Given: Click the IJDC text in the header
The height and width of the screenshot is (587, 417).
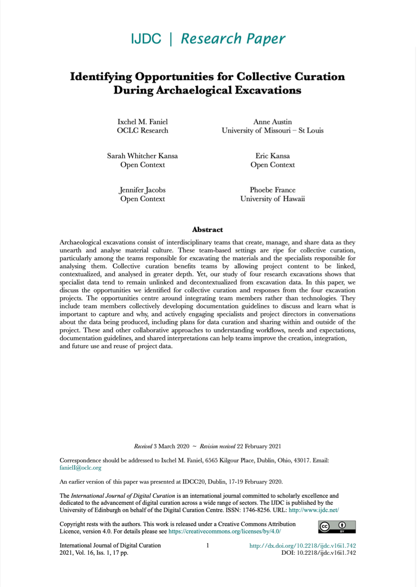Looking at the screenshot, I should (146, 39).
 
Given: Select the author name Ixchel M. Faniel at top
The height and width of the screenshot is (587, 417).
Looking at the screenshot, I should (142, 122).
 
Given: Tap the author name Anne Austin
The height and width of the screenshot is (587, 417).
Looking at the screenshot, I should (272, 122).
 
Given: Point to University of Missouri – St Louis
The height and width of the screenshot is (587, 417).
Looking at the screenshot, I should (272, 131).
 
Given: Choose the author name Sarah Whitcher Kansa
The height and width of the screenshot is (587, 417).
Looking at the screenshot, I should (142, 156).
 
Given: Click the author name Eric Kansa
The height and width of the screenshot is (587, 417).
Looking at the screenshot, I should (272, 156).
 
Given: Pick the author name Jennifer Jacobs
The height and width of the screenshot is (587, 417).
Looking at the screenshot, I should (142, 190).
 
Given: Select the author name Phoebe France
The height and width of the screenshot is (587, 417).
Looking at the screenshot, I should (272, 190).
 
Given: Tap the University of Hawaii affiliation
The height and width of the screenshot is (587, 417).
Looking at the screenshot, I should (272, 199).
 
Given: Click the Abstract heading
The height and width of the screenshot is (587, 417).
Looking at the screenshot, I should (207, 230).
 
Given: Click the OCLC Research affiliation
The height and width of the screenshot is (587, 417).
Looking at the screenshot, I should (142, 131).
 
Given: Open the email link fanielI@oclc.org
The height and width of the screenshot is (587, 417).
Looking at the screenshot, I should (80, 468).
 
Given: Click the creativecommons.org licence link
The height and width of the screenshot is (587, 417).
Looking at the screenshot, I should (225, 531).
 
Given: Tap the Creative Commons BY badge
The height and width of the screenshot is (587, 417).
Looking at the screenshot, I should (337, 527).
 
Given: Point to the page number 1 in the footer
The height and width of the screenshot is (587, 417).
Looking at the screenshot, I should (207, 546).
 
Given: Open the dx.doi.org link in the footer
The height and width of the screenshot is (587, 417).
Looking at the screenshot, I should (303, 546).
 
